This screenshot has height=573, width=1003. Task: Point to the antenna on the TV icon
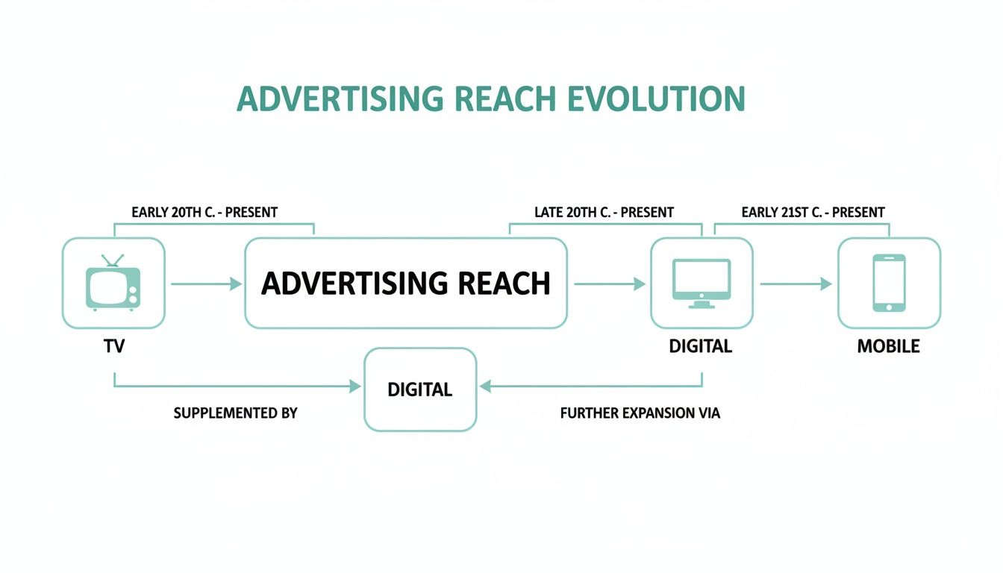(x=113, y=260)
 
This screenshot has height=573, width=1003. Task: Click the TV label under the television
(x=113, y=346)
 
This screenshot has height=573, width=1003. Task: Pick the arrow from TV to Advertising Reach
(x=205, y=284)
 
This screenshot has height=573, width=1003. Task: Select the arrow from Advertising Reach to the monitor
(x=609, y=284)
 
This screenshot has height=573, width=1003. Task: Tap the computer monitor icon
(x=702, y=282)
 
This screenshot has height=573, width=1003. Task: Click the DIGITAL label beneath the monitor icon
(x=701, y=346)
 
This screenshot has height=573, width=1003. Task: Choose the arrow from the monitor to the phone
(x=796, y=284)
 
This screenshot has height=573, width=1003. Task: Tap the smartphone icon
(x=889, y=283)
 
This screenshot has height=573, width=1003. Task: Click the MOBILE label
(x=888, y=346)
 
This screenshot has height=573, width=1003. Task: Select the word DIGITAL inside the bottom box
(x=419, y=389)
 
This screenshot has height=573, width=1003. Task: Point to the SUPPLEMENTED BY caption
(x=235, y=413)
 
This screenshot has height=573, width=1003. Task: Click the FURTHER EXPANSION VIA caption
(x=640, y=413)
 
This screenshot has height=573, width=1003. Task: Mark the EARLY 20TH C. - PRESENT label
(x=204, y=213)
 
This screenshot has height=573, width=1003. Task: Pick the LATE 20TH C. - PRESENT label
(x=604, y=213)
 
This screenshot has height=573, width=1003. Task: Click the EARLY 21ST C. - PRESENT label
(x=813, y=213)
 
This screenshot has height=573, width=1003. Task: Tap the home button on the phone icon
(x=889, y=306)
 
